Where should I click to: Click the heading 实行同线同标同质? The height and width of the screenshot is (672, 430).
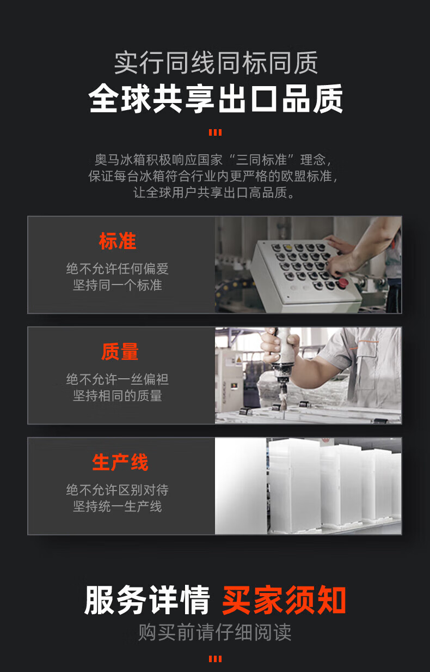[x=216, y=63]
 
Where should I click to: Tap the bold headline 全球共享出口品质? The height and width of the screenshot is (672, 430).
[x=216, y=99]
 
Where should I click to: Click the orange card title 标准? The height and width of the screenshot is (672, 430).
[x=118, y=241]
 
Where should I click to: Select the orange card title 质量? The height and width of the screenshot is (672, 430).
[x=120, y=352]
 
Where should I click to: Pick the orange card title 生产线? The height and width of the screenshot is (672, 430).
[x=120, y=462]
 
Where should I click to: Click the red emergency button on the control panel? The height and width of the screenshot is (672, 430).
[x=343, y=283]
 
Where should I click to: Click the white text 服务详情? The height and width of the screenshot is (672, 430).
[x=146, y=600]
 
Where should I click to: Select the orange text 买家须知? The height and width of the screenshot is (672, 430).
[x=284, y=600]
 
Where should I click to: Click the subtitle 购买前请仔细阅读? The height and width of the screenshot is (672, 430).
[x=214, y=632]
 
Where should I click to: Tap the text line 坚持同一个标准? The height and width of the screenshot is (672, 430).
[x=118, y=284]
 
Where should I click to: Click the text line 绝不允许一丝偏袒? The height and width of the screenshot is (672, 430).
[x=118, y=379]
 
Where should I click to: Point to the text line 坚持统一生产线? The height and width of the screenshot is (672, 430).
[x=118, y=506]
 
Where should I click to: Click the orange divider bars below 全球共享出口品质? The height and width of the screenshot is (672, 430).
[x=215, y=132]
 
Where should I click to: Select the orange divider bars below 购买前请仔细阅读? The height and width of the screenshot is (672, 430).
[x=215, y=659]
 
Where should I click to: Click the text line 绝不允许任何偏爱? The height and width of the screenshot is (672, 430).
[x=118, y=269]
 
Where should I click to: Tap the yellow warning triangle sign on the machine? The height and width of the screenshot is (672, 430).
[x=239, y=359]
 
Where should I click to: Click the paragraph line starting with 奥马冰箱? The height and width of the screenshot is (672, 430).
[x=213, y=160]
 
